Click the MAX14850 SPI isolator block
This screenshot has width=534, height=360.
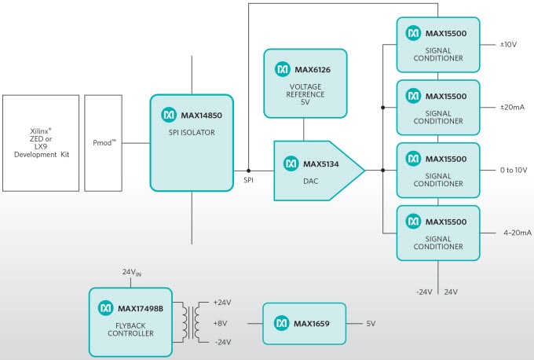tap(192, 142)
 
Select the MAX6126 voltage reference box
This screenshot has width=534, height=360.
tap(304, 83)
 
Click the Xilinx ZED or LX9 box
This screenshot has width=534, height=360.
tap(41, 143)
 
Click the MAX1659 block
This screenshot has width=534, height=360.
tap(303, 323)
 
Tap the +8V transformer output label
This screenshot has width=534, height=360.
tap(221, 322)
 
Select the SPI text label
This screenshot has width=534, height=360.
tap(248, 182)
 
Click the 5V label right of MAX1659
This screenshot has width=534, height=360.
tap(371, 323)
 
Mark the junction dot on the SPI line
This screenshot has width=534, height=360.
tap(248, 170)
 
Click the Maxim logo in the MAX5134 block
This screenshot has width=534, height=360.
tap(291, 163)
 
